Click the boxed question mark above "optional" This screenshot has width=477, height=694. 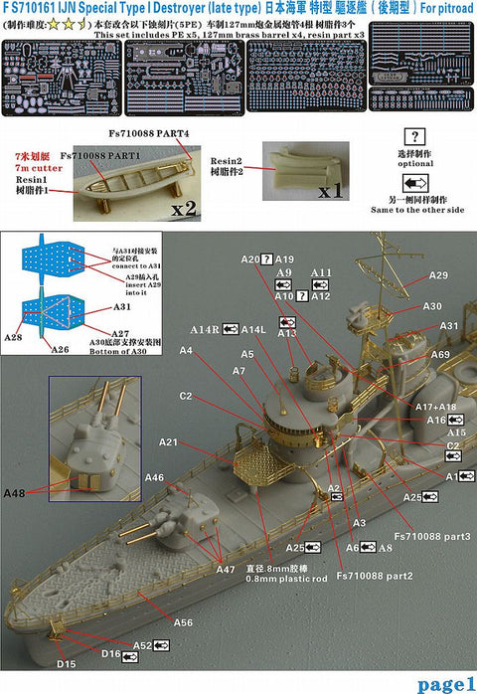[x=411, y=136]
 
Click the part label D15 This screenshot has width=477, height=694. [x=66, y=663]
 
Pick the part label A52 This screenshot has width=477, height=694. [x=143, y=645]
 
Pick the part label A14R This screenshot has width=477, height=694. [x=205, y=329]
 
